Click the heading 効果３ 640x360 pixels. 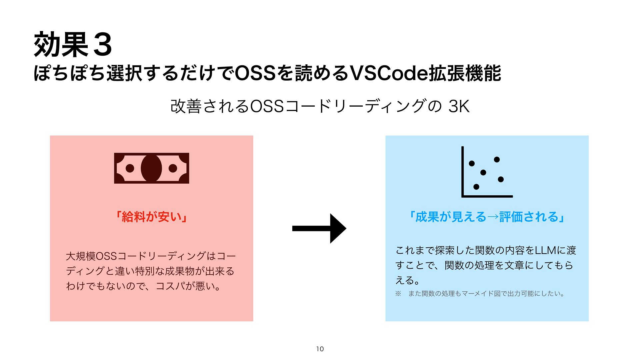point(73,45)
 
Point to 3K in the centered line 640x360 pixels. point(459,107)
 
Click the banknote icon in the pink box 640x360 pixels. point(151,168)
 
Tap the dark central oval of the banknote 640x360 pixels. point(151,168)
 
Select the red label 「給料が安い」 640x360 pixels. point(151,217)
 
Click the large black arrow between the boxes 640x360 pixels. point(319,228)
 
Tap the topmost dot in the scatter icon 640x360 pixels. point(497,160)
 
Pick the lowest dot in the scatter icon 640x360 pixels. point(476,187)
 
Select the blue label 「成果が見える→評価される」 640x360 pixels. point(487,217)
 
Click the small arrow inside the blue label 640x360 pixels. point(493,217)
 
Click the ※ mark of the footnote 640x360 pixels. point(398,294)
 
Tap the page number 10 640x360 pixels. point(320,349)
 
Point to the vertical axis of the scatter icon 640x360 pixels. point(463,171)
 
